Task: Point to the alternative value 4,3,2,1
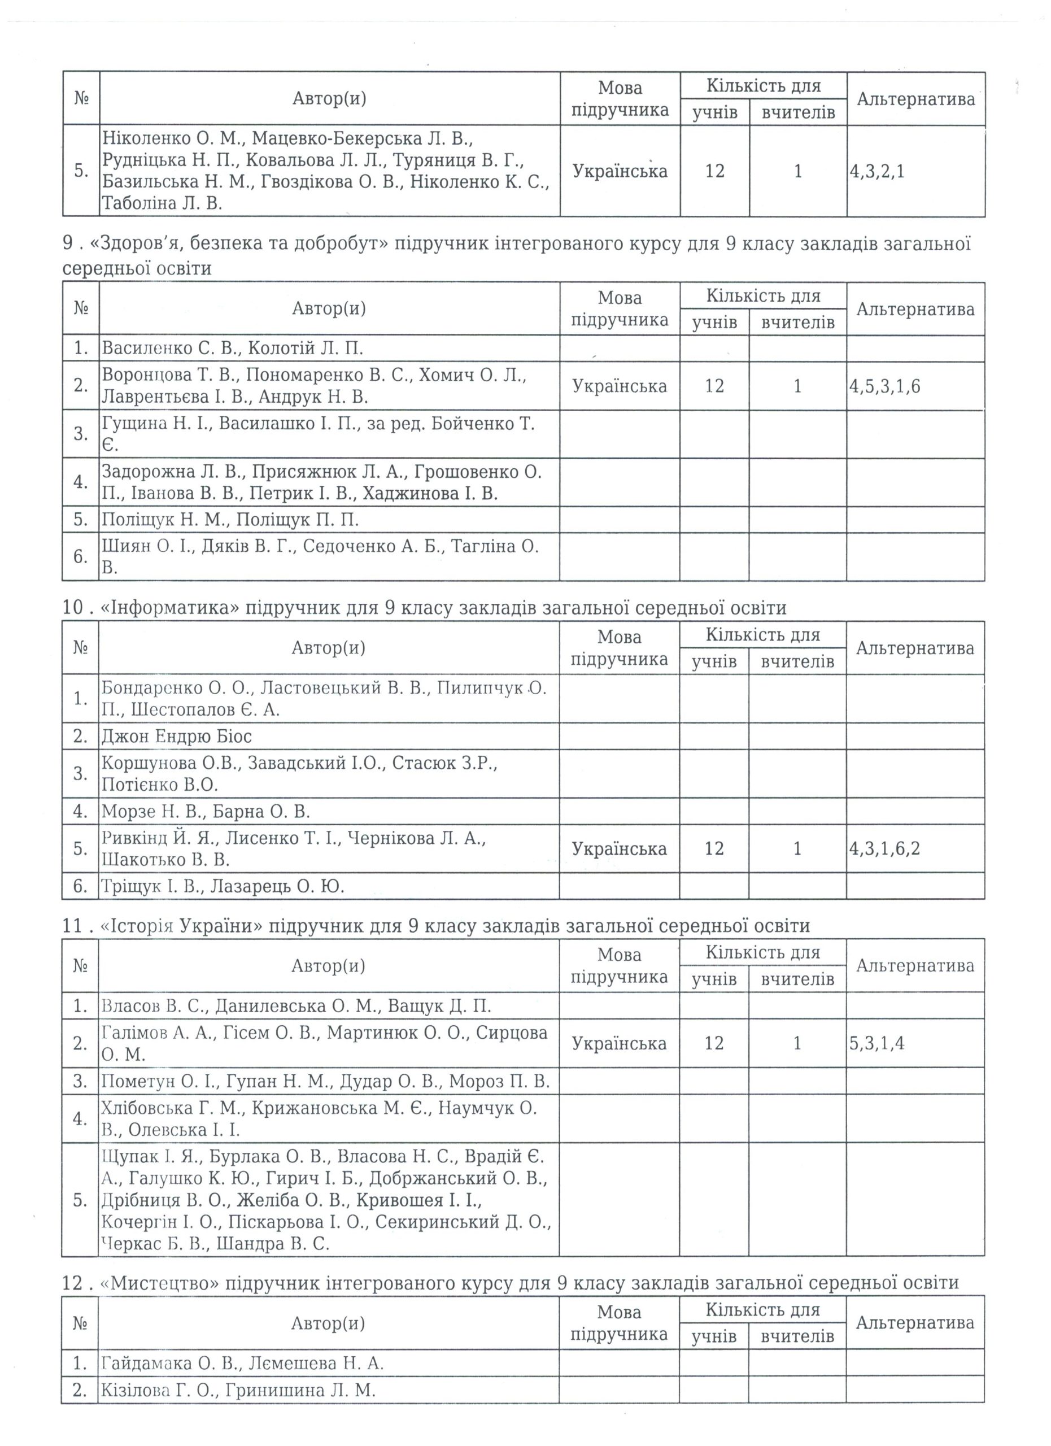pyautogui.click(x=877, y=172)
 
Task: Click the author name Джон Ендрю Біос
pyautogui.click(x=177, y=737)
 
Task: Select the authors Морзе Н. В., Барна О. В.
pyautogui.click(x=205, y=812)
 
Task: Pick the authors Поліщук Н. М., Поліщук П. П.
pyautogui.click(x=230, y=520)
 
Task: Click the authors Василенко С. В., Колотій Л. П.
pyautogui.click(x=232, y=349)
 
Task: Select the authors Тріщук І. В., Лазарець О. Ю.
pyautogui.click(x=223, y=886)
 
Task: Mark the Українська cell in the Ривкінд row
pyautogui.click(x=619, y=848)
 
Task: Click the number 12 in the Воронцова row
pyautogui.click(x=714, y=386)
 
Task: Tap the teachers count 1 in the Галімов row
pyautogui.click(x=797, y=1043)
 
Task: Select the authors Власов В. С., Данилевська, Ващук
pyautogui.click(x=296, y=1006)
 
